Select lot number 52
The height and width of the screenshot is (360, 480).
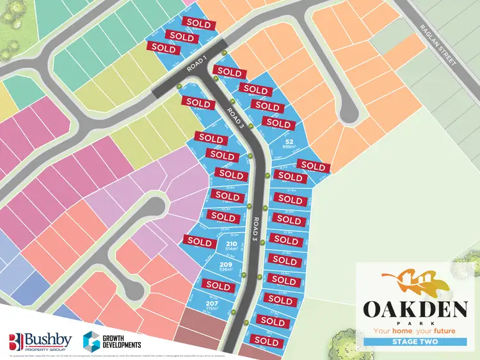tap(289, 142)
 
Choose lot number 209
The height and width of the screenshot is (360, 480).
tap(225, 264)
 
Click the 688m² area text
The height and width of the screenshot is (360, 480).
tap(290, 147)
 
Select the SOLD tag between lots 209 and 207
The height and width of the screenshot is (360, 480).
tap(219, 284)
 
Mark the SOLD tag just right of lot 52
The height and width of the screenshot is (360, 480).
tap(313, 166)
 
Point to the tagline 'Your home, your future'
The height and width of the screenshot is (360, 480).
tap(415, 331)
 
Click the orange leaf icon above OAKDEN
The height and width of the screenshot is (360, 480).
tap(416, 281)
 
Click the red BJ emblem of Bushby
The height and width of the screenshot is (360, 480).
tap(16, 341)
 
